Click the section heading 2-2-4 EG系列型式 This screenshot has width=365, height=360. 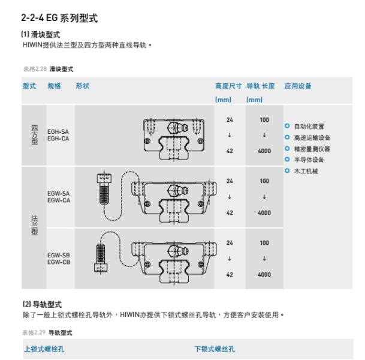point(59,19)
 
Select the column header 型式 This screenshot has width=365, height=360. point(29,86)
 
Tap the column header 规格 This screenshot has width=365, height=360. point(54,86)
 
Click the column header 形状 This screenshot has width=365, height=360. point(82,86)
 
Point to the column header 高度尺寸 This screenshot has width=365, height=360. point(228,86)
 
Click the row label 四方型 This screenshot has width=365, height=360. point(34,136)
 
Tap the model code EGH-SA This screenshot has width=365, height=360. point(58,131)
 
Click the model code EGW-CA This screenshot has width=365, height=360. point(58,200)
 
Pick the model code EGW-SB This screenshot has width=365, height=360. point(58,256)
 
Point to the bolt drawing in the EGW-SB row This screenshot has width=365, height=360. point(101,255)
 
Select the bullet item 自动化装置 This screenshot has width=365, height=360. point(308,127)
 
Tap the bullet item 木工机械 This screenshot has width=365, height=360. point(305,171)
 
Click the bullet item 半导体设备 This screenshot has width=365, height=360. point(308,160)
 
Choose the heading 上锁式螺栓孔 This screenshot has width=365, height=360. point(45,349)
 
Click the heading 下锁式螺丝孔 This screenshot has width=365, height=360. point(215,349)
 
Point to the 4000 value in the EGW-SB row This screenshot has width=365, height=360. point(264,274)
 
